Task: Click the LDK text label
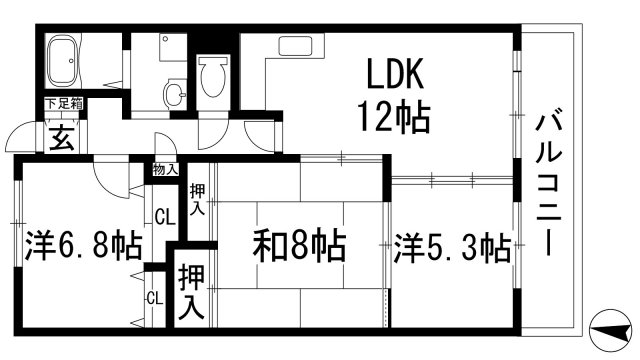point(398,76)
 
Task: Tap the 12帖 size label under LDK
point(395,119)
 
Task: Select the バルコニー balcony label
point(547,185)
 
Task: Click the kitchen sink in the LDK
point(297,46)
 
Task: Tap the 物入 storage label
point(165,169)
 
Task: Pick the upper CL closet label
point(162,215)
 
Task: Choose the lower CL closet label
point(154,298)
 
